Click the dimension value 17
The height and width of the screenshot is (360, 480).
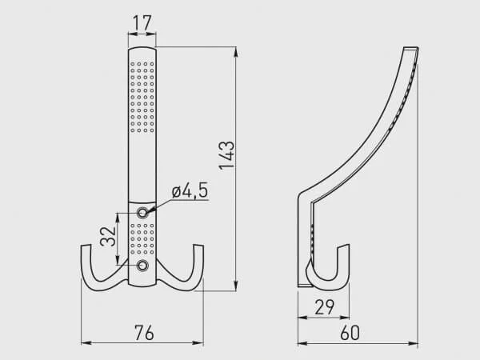pyautogui.click(x=142, y=22)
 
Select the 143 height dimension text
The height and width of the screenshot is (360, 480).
pyautogui.click(x=227, y=155)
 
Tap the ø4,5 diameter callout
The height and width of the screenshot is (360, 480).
pyautogui.click(x=190, y=190)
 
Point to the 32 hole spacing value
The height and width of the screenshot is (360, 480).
pyautogui.click(x=108, y=236)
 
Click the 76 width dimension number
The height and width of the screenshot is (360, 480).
pyautogui.click(x=144, y=333)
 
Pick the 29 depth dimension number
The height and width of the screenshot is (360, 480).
pyautogui.click(x=325, y=307)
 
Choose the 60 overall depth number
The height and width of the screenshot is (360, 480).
pyautogui.click(x=350, y=333)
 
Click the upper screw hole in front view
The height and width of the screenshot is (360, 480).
pyautogui.click(x=142, y=213)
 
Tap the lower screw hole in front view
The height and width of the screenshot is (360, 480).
pyautogui.click(x=142, y=266)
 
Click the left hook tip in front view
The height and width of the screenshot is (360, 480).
pyautogui.click(x=86, y=246)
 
